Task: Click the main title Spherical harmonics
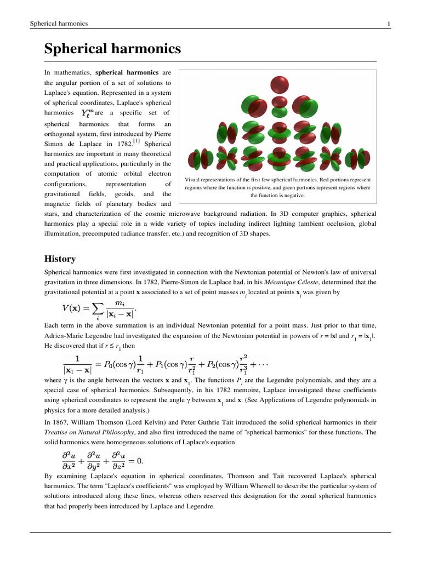click(113, 49)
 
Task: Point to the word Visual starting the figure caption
click(195, 180)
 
